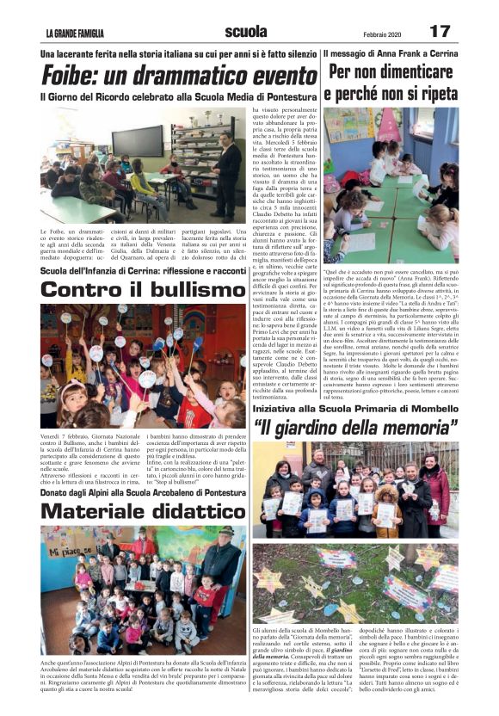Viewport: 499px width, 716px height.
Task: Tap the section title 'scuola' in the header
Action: pos(246,33)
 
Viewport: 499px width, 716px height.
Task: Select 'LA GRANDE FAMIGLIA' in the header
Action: pos(75,34)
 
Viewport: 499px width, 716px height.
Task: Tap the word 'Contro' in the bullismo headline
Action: pos(83,290)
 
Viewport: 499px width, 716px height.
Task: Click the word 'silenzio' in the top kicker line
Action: pos(297,54)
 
